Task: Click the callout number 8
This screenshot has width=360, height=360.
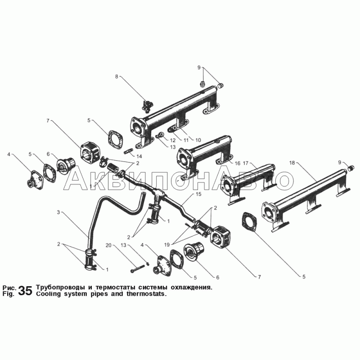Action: (117, 76)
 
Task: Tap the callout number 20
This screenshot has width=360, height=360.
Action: (108, 245)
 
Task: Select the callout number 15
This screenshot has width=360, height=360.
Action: (198, 194)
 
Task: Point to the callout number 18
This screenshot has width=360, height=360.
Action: (292, 163)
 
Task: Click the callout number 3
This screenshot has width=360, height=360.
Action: (58, 212)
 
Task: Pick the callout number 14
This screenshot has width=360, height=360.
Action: (139, 156)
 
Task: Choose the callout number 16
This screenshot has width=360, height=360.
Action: (238, 163)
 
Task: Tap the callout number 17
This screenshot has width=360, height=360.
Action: (245, 163)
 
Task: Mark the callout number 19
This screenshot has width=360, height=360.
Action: (167, 245)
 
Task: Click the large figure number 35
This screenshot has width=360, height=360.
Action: (25, 291)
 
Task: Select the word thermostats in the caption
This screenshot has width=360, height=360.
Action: (146, 294)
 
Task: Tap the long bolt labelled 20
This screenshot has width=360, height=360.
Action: (137, 269)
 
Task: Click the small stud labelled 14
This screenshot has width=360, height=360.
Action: (128, 151)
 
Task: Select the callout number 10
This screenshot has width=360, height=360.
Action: (198, 140)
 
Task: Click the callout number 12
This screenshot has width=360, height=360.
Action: (173, 140)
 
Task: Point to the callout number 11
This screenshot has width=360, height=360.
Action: (186, 140)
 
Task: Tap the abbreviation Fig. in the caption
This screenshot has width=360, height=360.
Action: (8, 294)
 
